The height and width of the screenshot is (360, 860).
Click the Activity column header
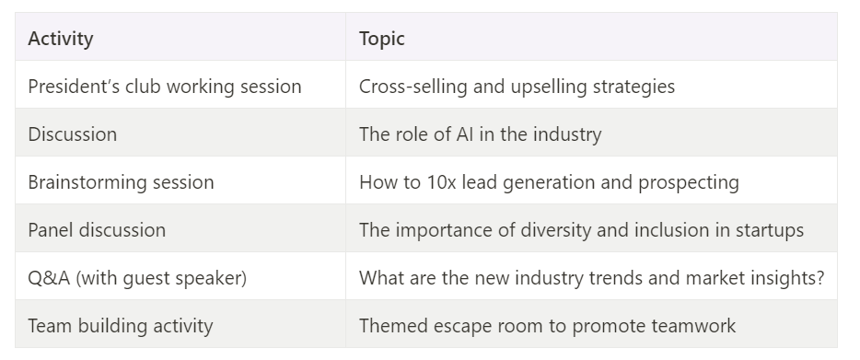(x=61, y=39)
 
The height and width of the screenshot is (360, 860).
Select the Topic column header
(x=382, y=39)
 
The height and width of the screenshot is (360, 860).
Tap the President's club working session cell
(x=165, y=87)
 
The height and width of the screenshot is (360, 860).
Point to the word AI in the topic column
(x=465, y=134)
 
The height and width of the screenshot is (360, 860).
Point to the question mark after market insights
(x=820, y=277)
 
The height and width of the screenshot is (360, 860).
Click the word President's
(x=74, y=87)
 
